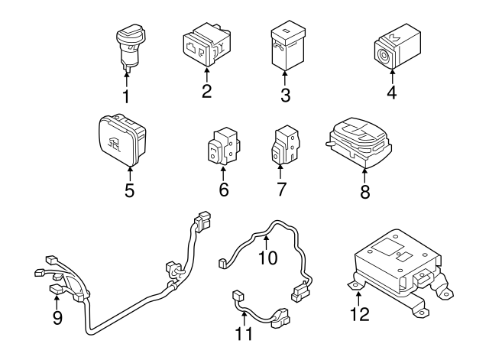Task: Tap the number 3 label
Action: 284,96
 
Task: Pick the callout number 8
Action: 364,192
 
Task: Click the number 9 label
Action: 57,317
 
